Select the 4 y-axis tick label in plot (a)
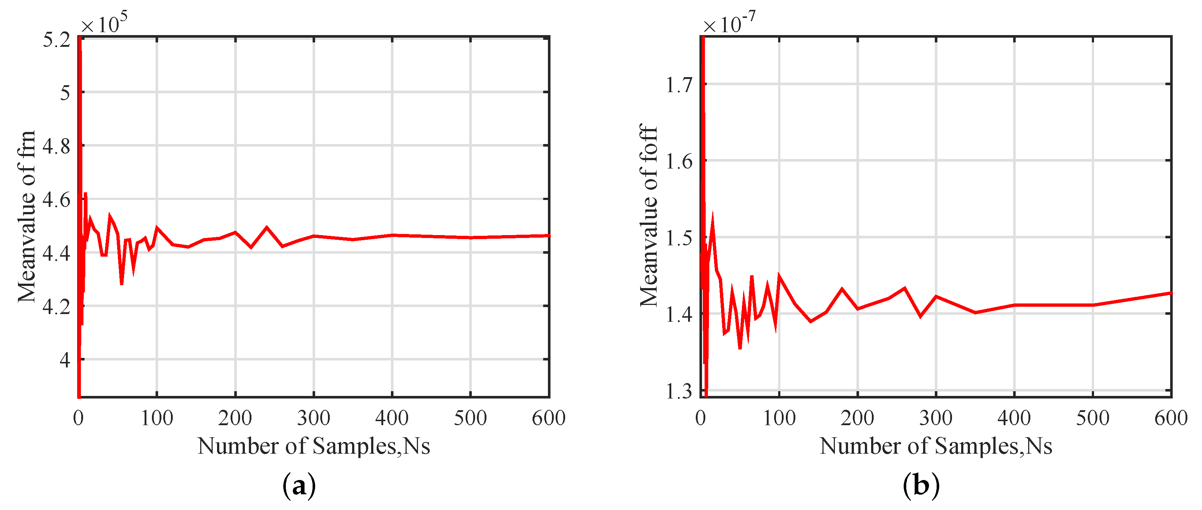point(65,360)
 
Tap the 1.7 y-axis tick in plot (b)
point(679,85)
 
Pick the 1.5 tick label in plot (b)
point(679,238)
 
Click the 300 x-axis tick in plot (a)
point(314,418)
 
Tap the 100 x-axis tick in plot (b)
point(779,418)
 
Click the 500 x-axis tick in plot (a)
point(470,418)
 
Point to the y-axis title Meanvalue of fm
point(27,217)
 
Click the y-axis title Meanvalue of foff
point(649,215)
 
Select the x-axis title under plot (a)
point(314,446)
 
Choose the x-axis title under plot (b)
point(936,446)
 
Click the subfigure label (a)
point(299,486)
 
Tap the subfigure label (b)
point(921,486)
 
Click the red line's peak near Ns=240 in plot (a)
point(266,227)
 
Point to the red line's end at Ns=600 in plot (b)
point(1170,293)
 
